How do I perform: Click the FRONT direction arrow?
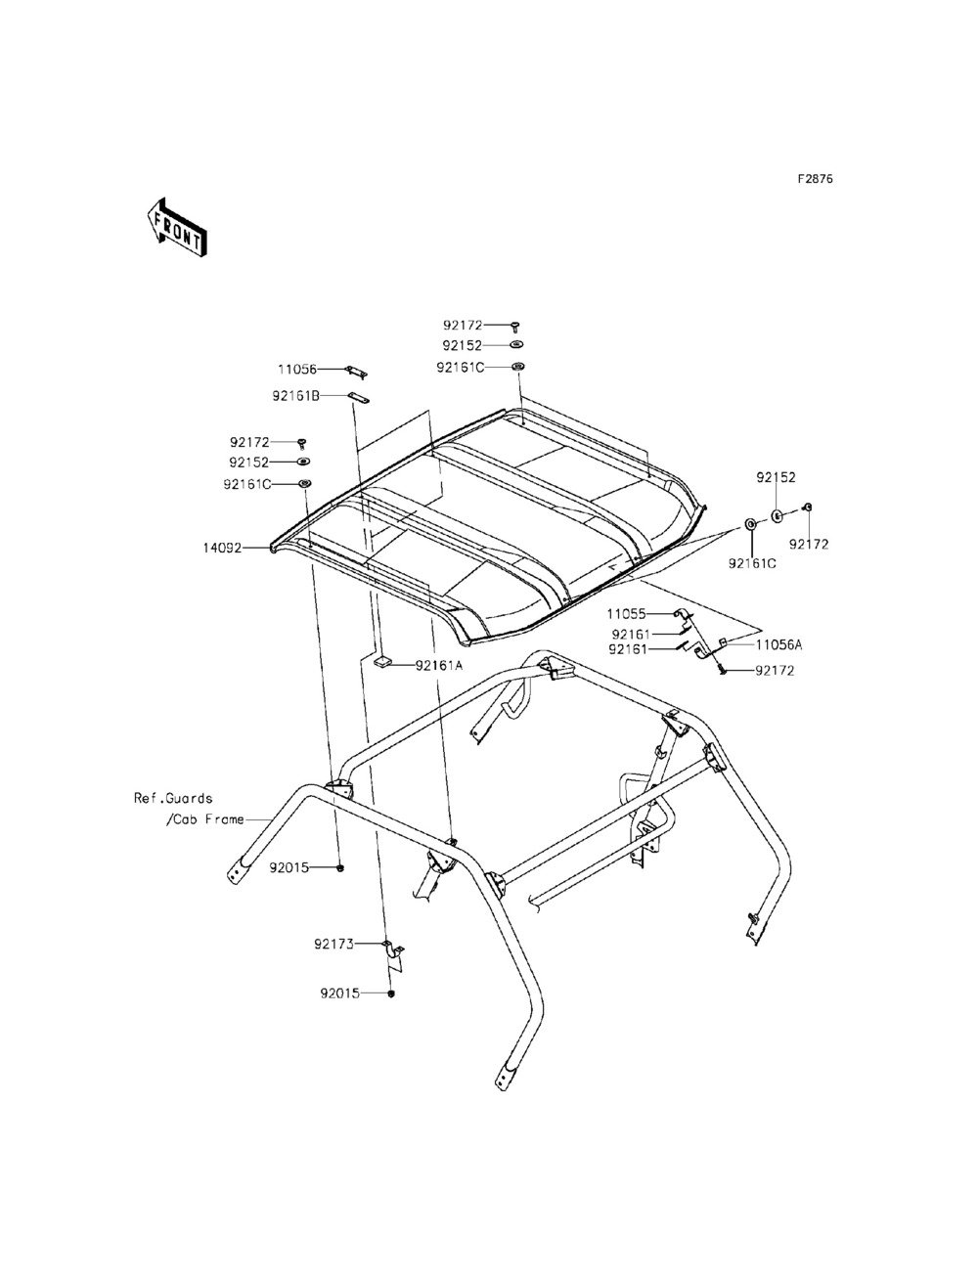177,228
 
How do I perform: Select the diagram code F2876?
816,179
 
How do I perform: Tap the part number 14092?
222,549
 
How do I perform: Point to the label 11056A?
779,645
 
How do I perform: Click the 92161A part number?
438,665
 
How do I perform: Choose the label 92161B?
295,396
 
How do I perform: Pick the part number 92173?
334,944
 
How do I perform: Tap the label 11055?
626,614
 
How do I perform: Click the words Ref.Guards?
173,798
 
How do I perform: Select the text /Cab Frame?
204,819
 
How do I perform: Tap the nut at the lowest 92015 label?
391,993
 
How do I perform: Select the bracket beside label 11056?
357,372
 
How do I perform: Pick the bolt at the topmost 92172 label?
516,327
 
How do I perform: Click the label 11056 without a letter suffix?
297,369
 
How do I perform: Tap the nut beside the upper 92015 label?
341,868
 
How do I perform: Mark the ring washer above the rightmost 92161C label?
751,524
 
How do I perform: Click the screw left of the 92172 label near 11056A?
723,671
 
